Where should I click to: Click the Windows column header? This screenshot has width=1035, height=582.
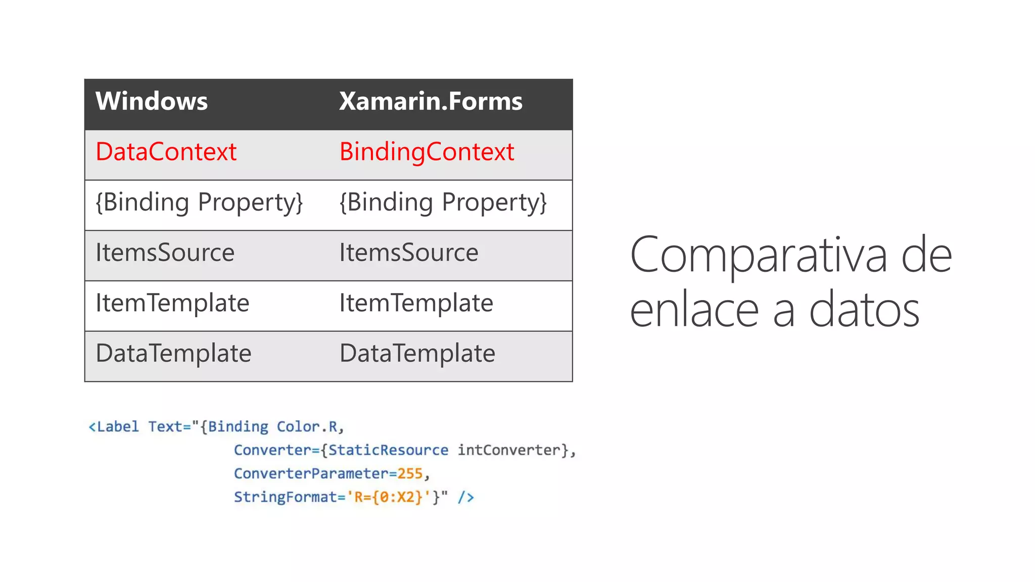click(x=151, y=101)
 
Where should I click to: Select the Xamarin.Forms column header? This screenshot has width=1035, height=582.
click(x=431, y=101)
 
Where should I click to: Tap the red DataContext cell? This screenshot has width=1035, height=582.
click(x=166, y=152)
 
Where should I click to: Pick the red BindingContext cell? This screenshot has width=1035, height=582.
click(x=427, y=152)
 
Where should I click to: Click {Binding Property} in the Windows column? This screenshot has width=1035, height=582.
click(x=199, y=202)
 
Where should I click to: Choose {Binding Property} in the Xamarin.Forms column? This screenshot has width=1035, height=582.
click(x=443, y=202)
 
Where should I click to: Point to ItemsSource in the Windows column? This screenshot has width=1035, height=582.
click(x=165, y=252)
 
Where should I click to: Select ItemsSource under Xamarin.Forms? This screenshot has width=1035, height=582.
click(x=408, y=252)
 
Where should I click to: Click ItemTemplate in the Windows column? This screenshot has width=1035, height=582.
click(x=172, y=303)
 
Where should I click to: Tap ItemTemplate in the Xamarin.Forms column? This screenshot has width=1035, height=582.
click(x=416, y=303)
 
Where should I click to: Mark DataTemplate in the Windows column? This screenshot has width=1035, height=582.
click(x=173, y=353)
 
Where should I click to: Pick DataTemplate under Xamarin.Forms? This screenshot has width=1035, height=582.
click(x=417, y=353)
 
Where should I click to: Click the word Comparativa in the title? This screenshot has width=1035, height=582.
click(x=758, y=256)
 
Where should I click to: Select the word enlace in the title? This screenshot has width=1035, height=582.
click(x=694, y=310)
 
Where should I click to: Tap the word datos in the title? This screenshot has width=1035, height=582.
click(x=864, y=310)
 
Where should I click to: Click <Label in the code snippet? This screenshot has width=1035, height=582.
click(x=114, y=427)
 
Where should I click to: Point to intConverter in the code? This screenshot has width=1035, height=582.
click(x=509, y=450)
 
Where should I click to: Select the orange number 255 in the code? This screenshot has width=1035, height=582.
click(x=409, y=473)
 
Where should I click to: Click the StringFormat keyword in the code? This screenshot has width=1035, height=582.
click(x=285, y=497)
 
